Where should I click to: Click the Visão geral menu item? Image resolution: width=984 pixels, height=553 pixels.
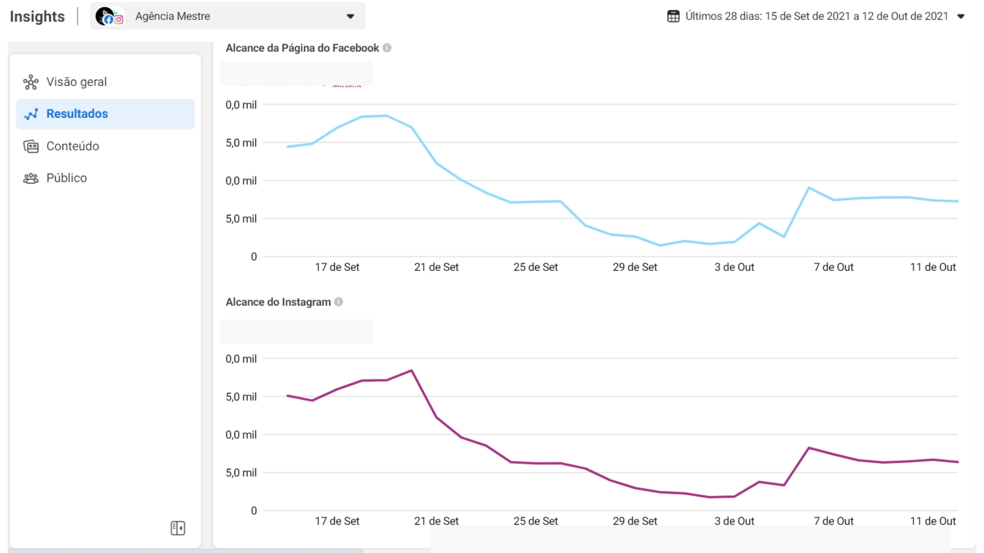click(x=76, y=82)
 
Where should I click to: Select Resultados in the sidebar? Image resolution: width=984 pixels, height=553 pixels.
click(x=77, y=114)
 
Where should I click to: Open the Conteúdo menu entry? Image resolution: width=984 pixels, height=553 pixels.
click(x=72, y=146)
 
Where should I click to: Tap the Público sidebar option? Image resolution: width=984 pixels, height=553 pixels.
click(x=66, y=178)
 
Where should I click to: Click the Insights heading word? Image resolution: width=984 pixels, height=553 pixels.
click(x=37, y=16)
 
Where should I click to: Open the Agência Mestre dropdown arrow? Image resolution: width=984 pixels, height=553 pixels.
click(x=351, y=16)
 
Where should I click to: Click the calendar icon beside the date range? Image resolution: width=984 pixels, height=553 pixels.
click(x=673, y=16)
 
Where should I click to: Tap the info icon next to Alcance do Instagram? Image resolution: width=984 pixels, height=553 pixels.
click(x=339, y=302)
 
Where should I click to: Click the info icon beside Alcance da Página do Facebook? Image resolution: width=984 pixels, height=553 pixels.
click(x=387, y=48)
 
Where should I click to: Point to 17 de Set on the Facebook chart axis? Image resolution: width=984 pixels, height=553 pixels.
click(x=337, y=267)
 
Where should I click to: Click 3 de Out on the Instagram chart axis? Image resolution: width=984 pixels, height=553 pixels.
click(x=734, y=521)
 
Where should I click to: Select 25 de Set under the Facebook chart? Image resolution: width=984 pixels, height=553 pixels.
click(x=536, y=267)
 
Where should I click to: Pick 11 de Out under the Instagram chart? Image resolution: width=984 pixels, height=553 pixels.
click(x=933, y=521)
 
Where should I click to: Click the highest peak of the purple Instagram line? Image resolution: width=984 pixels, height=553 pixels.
click(x=412, y=370)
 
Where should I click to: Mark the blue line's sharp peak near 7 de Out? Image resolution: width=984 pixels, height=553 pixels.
click(x=809, y=188)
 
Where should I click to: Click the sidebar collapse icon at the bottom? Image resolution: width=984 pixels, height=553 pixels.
click(x=178, y=528)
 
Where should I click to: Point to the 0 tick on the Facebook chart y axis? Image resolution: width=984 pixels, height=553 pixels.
click(x=254, y=257)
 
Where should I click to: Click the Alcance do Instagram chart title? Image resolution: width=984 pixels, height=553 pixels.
click(x=278, y=302)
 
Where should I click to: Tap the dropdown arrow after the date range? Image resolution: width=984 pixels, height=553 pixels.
click(x=961, y=16)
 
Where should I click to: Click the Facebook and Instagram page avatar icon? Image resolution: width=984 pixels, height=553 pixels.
click(x=109, y=16)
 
